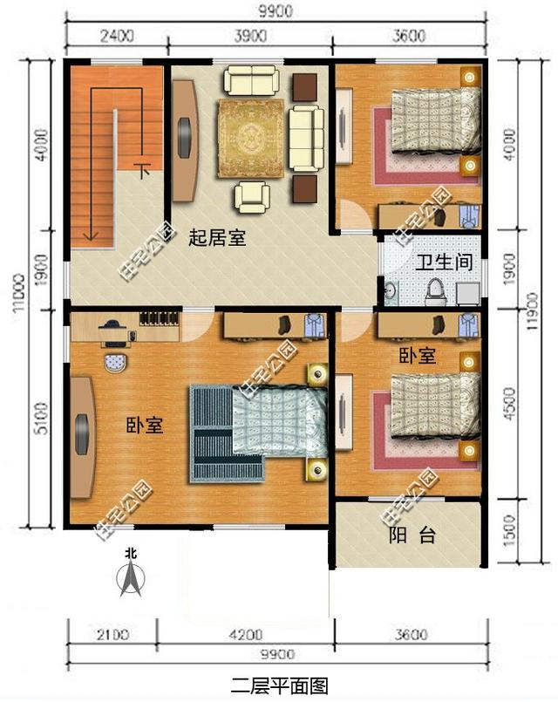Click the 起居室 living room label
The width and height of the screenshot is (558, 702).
217,237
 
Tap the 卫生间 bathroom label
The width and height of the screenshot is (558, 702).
443,261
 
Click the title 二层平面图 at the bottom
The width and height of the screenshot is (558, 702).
279,685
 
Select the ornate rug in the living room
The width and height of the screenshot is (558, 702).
252,136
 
